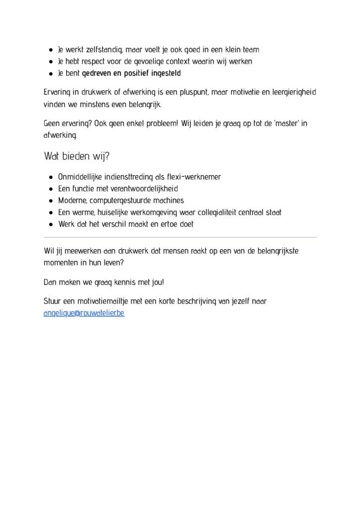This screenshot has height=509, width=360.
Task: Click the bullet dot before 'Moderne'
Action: (x=52, y=201)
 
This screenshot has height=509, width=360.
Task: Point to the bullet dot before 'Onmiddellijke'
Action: (x=52, y=177)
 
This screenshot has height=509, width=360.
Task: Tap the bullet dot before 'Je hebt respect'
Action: (x=52, y=62)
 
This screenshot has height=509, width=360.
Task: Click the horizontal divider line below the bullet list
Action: (x=180, y=238)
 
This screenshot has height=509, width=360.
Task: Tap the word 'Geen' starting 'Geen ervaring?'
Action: (x=52, y=122)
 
